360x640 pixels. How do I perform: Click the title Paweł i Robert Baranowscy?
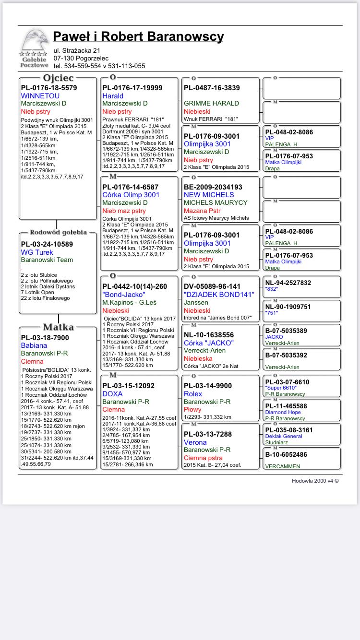(x=138, y=36)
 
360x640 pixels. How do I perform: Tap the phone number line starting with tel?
(x=99, y=66)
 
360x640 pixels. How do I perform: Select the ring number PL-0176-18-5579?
(x=49, y=88)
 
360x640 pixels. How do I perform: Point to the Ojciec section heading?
(x=58, y=78)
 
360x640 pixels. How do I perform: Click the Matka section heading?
(x=58, y=327)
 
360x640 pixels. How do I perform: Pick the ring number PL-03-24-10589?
(x=47, y=244)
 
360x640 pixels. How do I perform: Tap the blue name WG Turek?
(x=37, y=252)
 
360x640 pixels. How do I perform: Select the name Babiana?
(x=34, y=345)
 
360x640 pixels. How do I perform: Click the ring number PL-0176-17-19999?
(x=132, y=88)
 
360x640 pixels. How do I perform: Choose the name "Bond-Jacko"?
(x=124, y=295)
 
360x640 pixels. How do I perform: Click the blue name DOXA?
(x=112, y=394)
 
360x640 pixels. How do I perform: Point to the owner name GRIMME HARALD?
(x=211, y=103)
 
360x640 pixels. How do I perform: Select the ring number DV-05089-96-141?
(x=212, y=286)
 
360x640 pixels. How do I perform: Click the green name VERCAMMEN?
(x=283, y=466)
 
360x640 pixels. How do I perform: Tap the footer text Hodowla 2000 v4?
(x=315, y=481)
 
